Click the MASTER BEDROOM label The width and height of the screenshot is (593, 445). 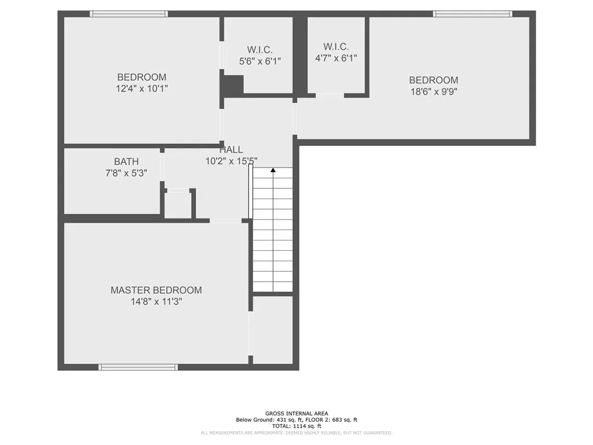click(x=156, y=290)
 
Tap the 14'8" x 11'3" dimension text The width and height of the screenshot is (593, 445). click(x=156, y=302)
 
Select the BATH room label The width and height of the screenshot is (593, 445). click(x=126, y=162)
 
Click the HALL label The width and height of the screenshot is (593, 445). click(x=231, y=150)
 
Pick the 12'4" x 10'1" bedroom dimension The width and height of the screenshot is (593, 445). click(x=142, y=89)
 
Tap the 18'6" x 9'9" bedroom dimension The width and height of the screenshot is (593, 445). click(x=433, y=92)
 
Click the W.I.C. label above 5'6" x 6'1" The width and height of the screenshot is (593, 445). click(x=260, y=49)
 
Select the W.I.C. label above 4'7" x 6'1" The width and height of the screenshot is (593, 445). click(x=336, y=46)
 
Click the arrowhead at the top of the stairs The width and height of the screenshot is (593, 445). click(x=273, y=170)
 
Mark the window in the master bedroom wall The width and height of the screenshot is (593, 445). click(x=138, y=367)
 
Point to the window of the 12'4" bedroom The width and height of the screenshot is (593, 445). click(x=129, y=14)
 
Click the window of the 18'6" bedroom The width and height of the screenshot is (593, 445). click(x=473, y=14)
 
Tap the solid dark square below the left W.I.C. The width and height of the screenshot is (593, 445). click(x=233, y=85)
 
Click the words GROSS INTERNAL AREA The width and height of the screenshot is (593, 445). click(x=296, y=414)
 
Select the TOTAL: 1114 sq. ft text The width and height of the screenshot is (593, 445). click(x=296, y=426)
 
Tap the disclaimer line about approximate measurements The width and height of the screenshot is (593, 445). click(x=296, y=433)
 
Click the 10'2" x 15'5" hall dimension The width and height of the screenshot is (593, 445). click(x=231, y=162)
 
